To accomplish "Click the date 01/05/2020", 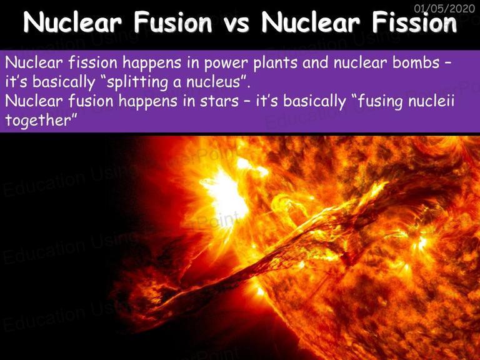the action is [444, 8].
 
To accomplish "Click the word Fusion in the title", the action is [173, 22].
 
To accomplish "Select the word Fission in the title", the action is [414, 22].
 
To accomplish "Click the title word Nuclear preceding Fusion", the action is [72, 22].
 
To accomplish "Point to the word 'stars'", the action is [219, 101].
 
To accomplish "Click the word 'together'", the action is [39, 121].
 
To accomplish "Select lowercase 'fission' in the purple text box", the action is [92, 62].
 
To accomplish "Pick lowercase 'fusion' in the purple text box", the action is [91, 101].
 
